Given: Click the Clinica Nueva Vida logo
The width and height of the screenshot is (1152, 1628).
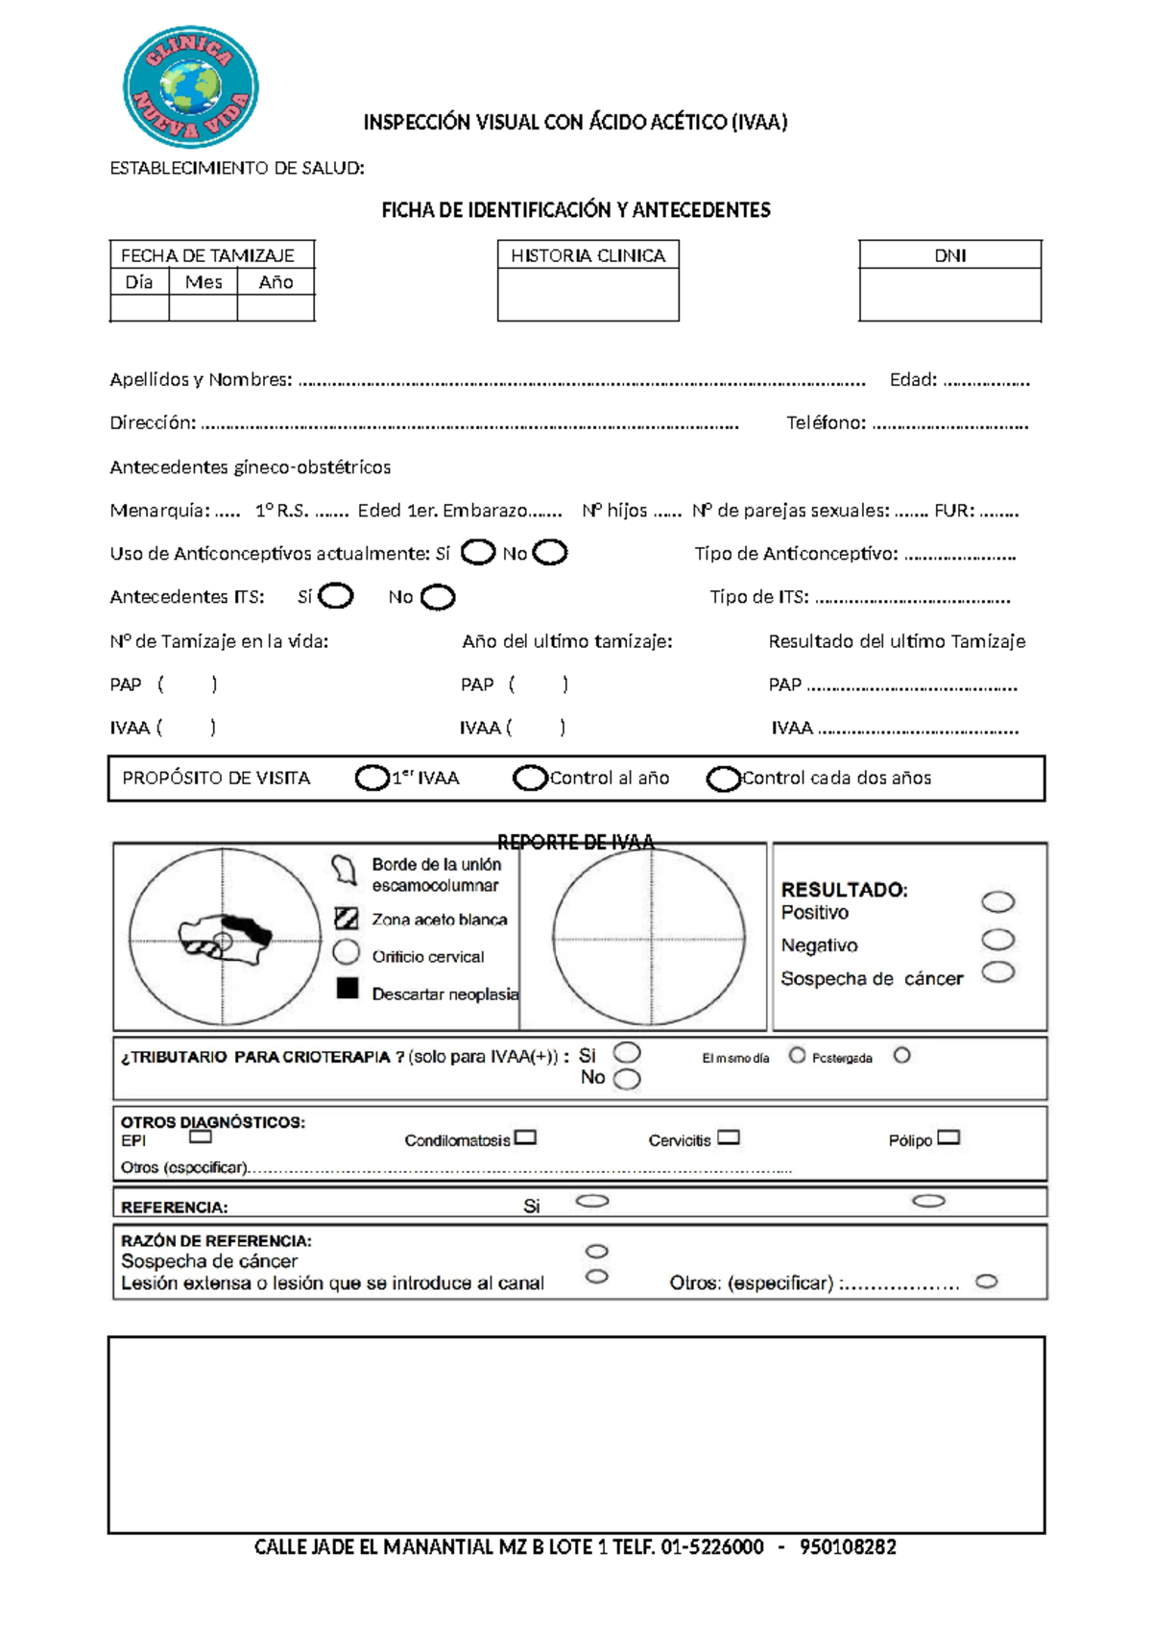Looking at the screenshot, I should pos(191,87).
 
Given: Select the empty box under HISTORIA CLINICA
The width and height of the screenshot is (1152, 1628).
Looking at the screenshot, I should pos(588,295).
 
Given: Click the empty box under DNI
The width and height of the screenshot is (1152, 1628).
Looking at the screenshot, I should pos(949,295).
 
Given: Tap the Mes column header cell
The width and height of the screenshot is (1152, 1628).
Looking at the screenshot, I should pos(204,282).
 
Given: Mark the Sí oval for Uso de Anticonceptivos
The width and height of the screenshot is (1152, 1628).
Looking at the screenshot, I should pos(478,553).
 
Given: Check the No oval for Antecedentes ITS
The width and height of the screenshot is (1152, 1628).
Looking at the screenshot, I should pos(438,597).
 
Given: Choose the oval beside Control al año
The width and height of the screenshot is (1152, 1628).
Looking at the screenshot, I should pos(530,778).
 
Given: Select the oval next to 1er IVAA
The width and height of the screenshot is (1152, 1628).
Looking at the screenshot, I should pos(372,778).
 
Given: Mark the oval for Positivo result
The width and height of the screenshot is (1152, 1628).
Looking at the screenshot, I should pos(998,901).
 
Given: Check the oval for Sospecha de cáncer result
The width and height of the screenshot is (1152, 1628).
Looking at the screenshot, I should pos(998,972).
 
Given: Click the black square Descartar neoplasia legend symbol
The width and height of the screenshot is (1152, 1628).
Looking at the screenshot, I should pos(348,989).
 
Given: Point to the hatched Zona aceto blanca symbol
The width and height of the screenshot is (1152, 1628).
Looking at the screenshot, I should pos(347,918).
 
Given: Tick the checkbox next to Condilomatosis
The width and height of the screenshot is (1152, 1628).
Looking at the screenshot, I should pos(525,1137).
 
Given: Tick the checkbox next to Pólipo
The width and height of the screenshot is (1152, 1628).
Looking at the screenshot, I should pos(948,1137).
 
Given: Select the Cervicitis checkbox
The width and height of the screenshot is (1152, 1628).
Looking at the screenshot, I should pos(729,1137).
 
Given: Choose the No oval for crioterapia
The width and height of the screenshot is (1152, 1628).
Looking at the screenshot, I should pos(627,1079).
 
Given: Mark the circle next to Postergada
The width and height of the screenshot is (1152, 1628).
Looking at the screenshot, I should pos(901,1056).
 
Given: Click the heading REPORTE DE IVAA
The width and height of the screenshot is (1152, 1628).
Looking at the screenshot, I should pos(576,842).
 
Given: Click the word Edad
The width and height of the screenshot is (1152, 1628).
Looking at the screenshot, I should pos(912,379).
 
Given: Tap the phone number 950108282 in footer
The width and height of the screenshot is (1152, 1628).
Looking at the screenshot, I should pos(848,1547).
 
